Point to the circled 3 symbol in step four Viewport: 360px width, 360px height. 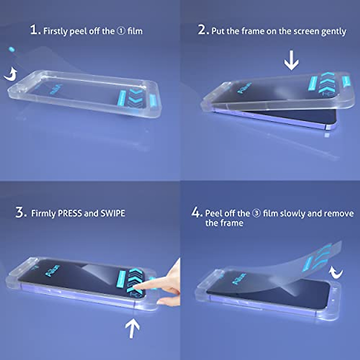(x=256, y=214)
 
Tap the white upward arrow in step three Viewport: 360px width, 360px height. (x=132, y=328)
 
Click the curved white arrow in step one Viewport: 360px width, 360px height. (x=11, y=74)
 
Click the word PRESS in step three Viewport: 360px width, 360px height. (x=70, y=214)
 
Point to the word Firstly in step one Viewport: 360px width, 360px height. (x=56, y=31)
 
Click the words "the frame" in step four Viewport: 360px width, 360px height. (x=224, y=223)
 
